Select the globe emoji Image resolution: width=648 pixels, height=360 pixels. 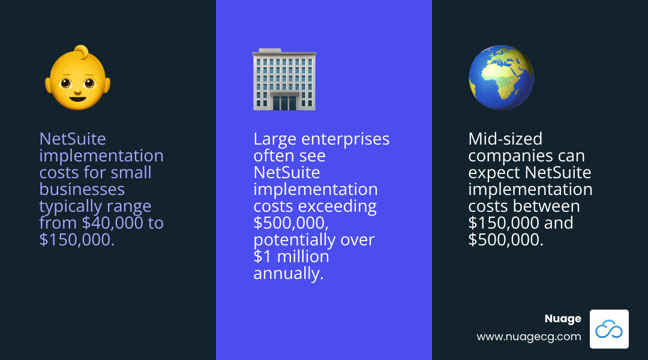pos(501,78)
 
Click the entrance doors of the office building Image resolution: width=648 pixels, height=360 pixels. pos(284,101)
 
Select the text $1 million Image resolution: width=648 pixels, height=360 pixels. pos(291,257)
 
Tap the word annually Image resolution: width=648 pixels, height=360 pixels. pos(288,274)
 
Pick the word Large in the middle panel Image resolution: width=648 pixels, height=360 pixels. pos(273,139)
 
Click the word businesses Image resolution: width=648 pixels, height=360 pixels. pos(82,190)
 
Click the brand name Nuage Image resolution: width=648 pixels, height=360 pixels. pos(562,319)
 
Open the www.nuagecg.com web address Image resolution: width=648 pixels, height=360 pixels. pos(529,337)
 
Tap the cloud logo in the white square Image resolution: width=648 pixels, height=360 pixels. pos(609,329)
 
